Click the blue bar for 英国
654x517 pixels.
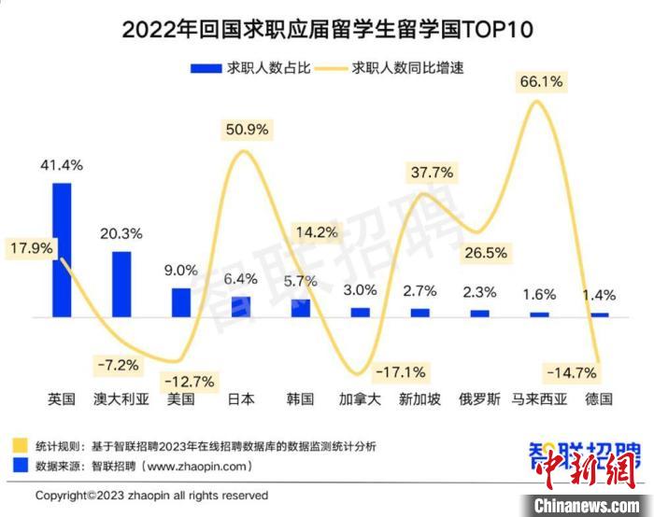(62, 249)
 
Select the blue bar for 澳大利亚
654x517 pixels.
(121, 284)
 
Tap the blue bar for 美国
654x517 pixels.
(181, 302)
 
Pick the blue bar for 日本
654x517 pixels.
(241, 307)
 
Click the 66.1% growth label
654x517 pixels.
(541, 82)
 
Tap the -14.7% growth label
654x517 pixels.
(571, 372)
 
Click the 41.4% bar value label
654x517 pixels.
(62, 165)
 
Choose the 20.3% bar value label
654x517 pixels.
(121, 233)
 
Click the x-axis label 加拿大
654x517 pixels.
(361, 398)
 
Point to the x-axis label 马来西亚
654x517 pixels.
(539, 398)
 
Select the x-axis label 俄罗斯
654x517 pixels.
(480, 398)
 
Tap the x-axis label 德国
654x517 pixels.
(599, 398)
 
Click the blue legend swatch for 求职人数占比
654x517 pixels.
(204, 67)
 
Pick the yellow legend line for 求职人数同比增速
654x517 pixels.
(330, 67)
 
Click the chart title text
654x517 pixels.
(327, 29)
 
